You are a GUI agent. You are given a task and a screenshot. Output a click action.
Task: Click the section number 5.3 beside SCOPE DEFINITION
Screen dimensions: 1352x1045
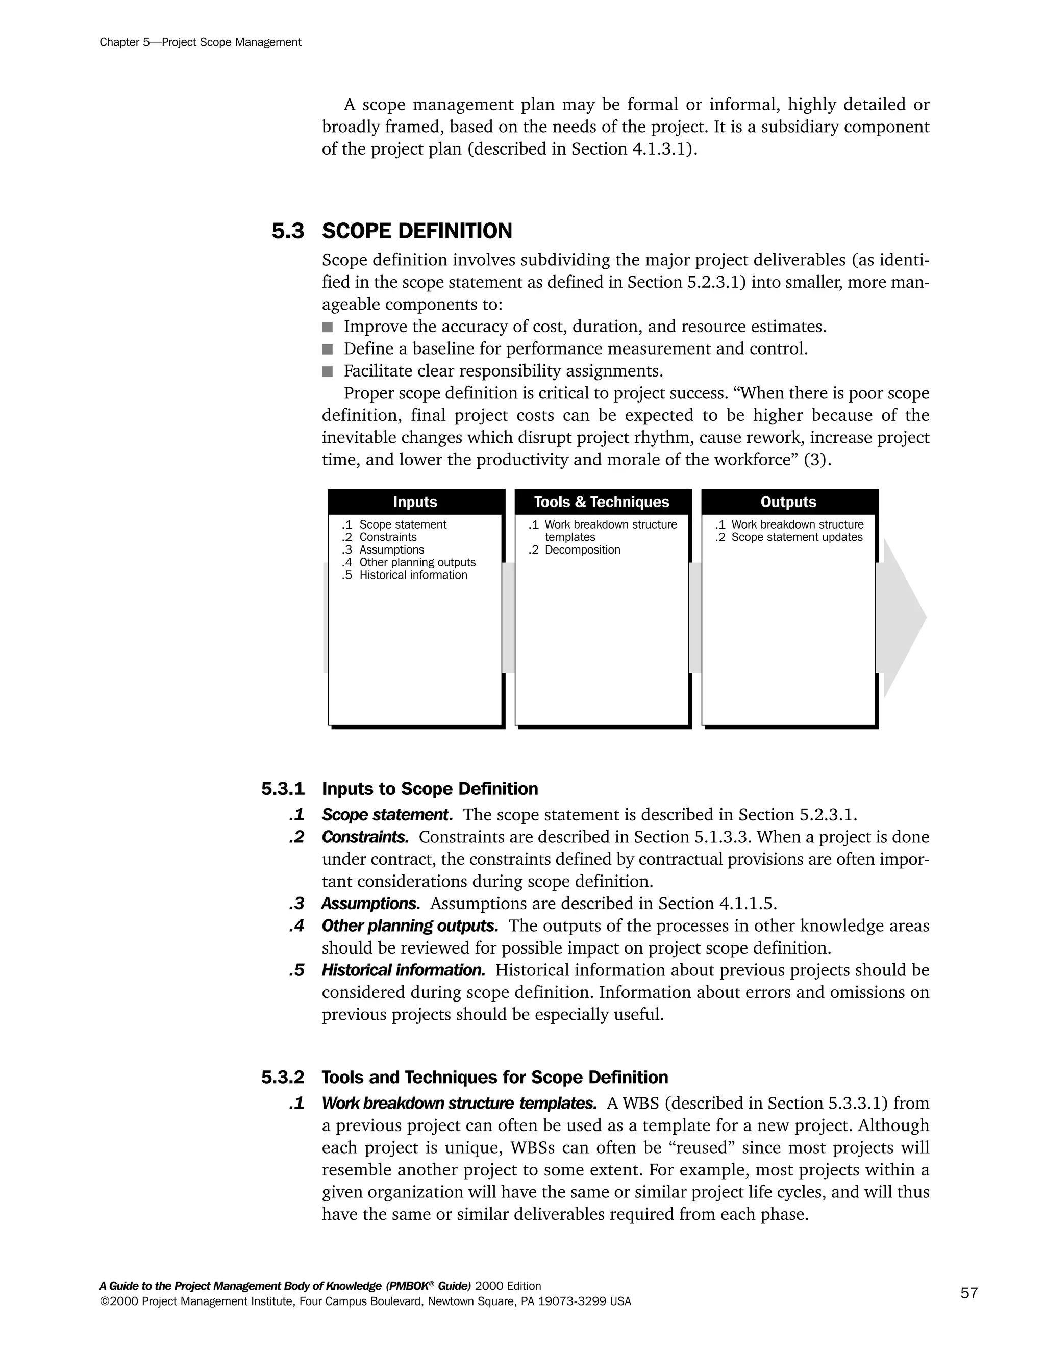point(288,232)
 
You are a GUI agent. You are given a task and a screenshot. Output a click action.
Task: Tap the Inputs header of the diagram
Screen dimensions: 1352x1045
point(415,502)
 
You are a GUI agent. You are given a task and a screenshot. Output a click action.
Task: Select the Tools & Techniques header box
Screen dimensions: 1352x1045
point(601,502)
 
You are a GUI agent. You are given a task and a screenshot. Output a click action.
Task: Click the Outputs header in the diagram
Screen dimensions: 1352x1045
point(788,502)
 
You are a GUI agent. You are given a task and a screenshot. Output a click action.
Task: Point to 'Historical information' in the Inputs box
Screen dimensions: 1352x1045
point(413,575)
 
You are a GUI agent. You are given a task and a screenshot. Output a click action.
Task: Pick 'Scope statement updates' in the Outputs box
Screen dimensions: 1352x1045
point(796,537)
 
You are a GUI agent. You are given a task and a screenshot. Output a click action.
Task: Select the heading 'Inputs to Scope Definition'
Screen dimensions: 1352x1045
point(430,789)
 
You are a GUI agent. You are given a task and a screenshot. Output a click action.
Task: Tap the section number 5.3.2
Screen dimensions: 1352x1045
point(283,1077)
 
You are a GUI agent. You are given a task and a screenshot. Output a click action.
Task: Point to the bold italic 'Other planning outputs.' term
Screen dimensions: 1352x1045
point(410,925)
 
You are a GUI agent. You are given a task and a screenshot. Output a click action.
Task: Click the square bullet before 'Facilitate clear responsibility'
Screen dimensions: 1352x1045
point(328,371)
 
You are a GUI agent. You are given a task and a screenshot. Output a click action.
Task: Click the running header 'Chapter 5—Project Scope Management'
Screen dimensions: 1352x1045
point(200,42)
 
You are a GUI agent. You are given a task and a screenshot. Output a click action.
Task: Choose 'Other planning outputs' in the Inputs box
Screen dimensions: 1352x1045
point(417,562)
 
